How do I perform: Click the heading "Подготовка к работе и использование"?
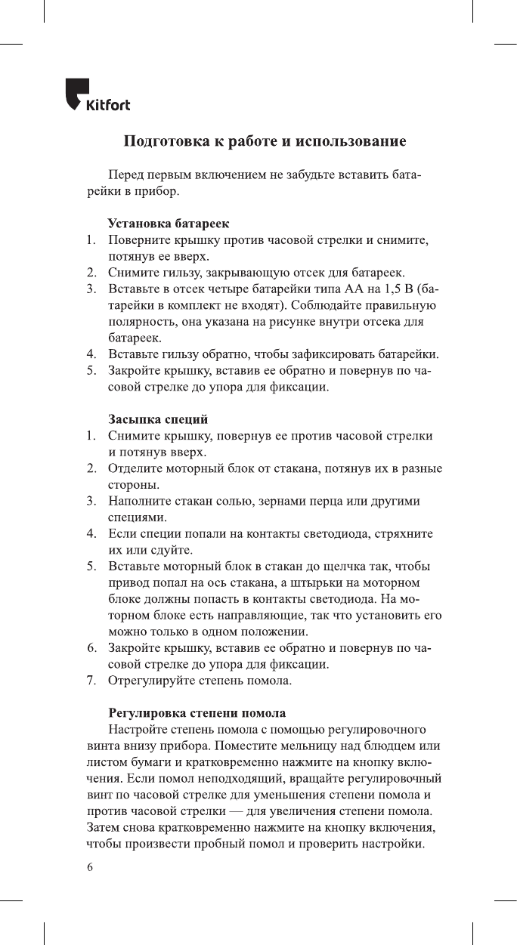[265, 141]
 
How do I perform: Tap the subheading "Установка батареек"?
[169, 224]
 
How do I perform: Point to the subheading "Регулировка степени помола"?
[197, 712]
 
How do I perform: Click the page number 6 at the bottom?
[89, 867]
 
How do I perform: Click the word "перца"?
[319, 502]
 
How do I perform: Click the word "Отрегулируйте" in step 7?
[152, 681]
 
